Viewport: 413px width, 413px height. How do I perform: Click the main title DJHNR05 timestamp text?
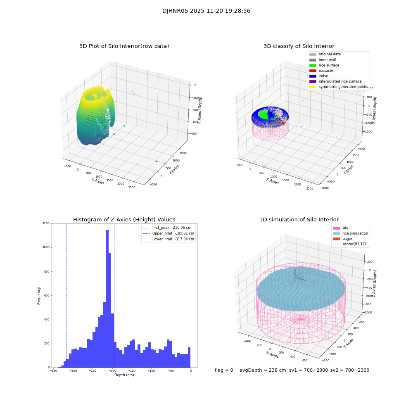(x=206, y=11)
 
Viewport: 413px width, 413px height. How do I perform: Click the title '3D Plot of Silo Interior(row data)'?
(x=124, y=46)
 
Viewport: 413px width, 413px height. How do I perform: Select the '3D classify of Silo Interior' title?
(x=299, y=46)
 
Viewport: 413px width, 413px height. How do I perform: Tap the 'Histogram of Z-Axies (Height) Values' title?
(x=124, y=220)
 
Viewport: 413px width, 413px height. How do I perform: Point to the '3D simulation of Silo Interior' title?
(x=299, y=220)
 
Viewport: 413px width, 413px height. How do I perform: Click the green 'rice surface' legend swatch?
(x=313, y=65)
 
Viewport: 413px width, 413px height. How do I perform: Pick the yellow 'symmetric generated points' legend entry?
(x=343, y=87)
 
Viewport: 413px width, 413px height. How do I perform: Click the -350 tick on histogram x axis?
(x=53, y=371)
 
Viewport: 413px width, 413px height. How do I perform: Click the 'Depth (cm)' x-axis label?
(x=124, y=375)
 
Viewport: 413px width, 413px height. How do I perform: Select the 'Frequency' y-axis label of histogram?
(x=39, y=296)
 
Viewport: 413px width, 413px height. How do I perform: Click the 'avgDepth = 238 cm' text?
(x=263, y=370)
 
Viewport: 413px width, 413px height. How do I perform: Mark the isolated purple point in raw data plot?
(x=157, y=161)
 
